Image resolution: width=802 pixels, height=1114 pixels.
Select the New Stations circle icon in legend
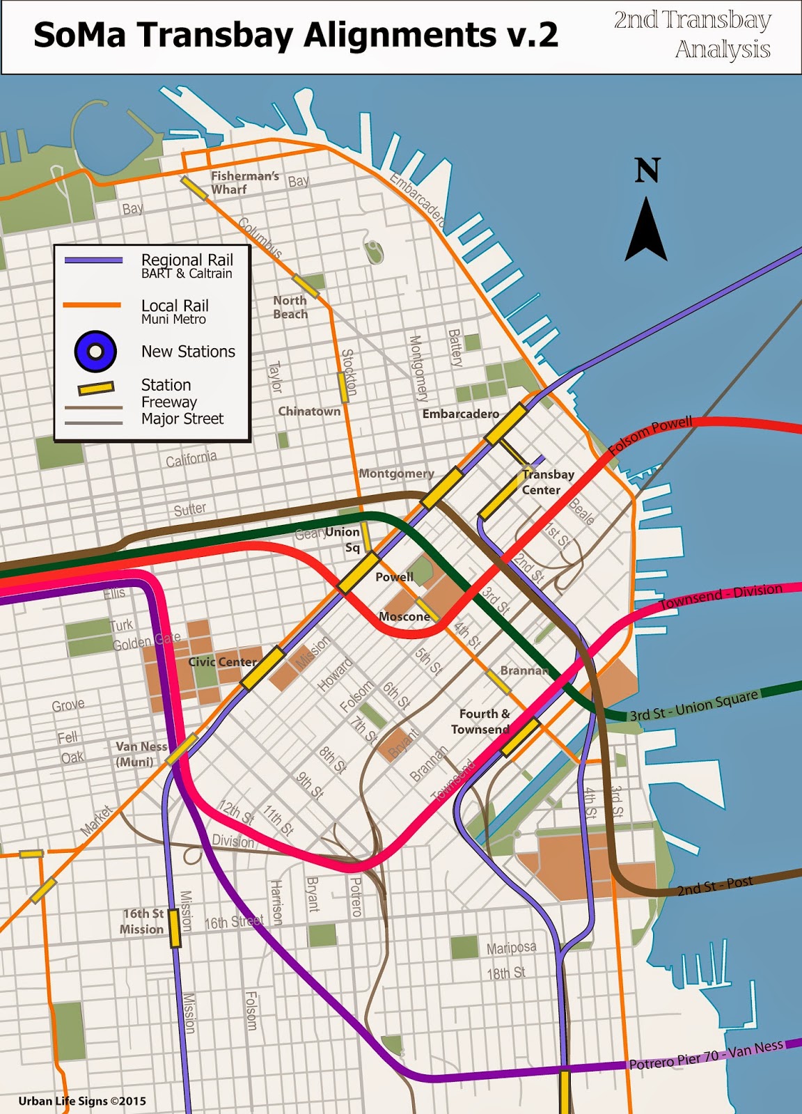(95, 351)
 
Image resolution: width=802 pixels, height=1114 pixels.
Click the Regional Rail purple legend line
(93, 260)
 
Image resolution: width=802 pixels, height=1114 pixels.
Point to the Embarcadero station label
(460, 414)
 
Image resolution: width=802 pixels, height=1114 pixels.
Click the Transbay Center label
(547, 482)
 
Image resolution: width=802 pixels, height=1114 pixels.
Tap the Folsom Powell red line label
(650, 435)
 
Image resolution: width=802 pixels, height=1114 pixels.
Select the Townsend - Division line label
(721, 597)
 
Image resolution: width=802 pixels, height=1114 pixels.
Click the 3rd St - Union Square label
(693, 707)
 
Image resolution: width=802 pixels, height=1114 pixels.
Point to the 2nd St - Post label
(715, 886)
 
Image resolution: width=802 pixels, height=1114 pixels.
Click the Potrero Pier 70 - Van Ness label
(706, 1055)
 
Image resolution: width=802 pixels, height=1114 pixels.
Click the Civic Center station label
(222, 661)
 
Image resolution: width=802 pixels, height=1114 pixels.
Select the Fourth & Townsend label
(483, 721)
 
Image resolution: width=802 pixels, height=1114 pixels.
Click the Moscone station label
(404, 616)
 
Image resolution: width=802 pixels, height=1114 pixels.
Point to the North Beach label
(290, 307)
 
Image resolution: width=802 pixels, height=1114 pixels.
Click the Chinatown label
(309, 411)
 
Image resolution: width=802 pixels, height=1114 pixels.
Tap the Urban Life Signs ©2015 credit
(82, 1101)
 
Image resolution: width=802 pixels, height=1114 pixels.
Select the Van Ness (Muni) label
(141, 754)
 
